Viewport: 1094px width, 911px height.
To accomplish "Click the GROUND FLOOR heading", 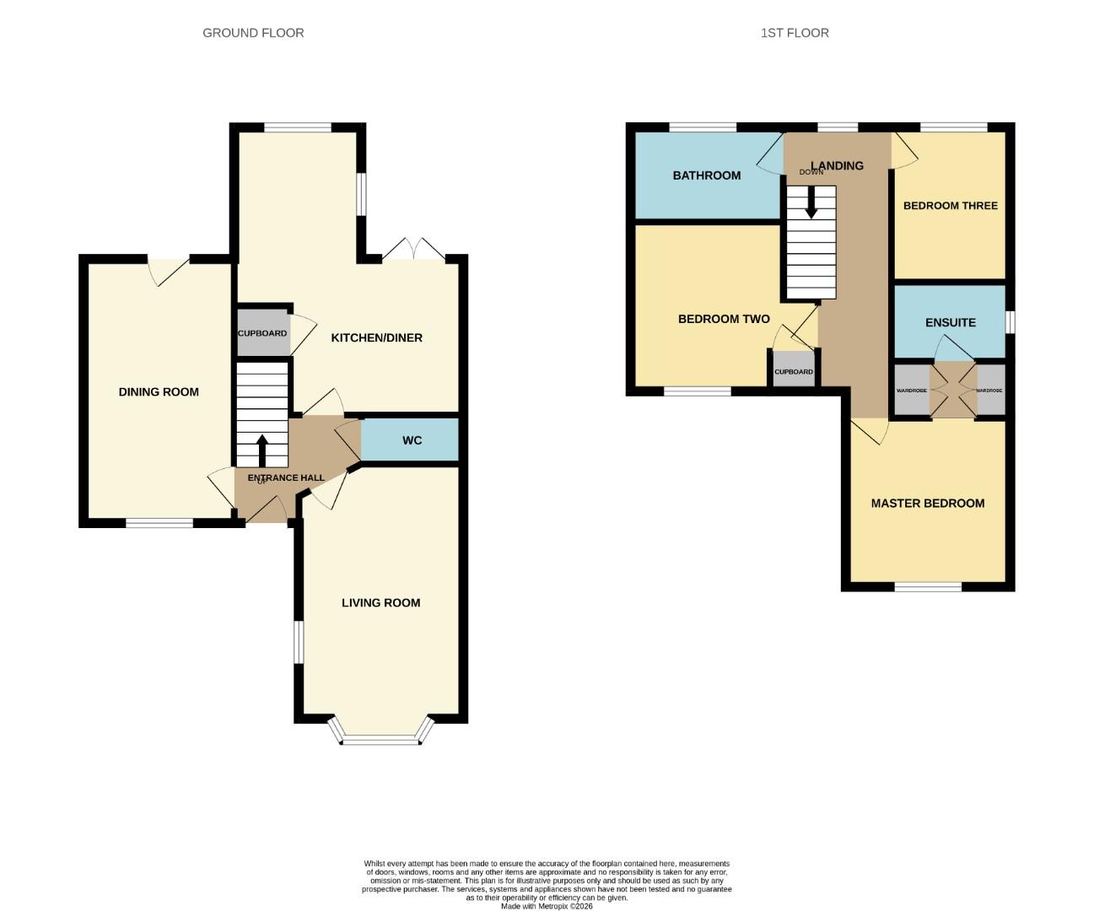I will pyautogui.click(x=253, y=33).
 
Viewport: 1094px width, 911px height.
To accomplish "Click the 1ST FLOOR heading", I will pyautogui.click(x=795, y=33).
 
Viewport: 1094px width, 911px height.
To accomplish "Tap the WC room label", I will pyautogui.click(x=412, y=440).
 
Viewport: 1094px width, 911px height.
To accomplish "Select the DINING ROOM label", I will pyautogui.click(x=159, y=391).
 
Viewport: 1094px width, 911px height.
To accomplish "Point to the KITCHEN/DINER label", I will pyautogui.click(x=376, y=337).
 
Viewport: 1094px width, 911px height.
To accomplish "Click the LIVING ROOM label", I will pyautogui.click(x=380, y=602).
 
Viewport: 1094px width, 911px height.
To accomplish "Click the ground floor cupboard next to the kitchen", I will pyautogui.click(x=262, y=333).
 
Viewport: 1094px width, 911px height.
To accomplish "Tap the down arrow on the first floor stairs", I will pyautogui.click(x=811, y=202).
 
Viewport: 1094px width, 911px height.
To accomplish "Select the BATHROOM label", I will pyautogui.click(x=706, y=175).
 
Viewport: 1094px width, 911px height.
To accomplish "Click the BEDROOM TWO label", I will pyautogui.click(x=724, y=319).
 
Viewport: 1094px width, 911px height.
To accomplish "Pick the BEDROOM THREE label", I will pyautogui.click(x=950, y=206).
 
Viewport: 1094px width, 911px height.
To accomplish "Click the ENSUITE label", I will pyautogui.click(x=950, y=322).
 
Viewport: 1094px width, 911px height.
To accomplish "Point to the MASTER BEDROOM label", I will pyautogui.click(x=927, y=503).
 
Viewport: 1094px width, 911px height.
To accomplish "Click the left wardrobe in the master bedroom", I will pyautogui.click(x=911, y=391).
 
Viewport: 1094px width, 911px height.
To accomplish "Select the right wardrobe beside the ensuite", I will pyautogui.click(x=989, y=391).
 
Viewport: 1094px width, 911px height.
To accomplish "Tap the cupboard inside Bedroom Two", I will pyautogui.click(x=794, y=371).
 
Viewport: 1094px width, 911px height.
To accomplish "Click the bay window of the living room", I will pyautogui.click(x=380, y=740).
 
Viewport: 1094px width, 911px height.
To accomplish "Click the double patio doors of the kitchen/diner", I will pyautogui.click(x=413, y=251).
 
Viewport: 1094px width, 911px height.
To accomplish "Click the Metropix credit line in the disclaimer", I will pyautogui.click(x=547, y=906).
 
